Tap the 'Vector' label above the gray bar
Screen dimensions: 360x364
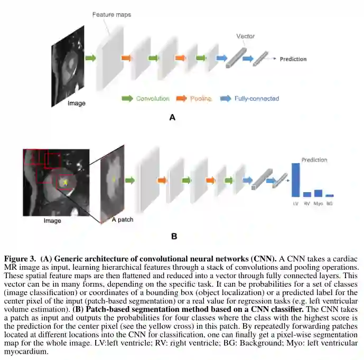[x=245, y=36]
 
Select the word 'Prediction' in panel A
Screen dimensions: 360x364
[x=293, y=59]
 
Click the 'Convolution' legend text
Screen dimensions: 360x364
[x=153, y=99]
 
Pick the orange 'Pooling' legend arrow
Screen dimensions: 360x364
[x=181, y=99]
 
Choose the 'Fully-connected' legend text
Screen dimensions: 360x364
[x=257, y=99]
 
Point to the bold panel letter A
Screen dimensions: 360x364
[x=172, y=118]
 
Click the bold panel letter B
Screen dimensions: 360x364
[x=174, y=236]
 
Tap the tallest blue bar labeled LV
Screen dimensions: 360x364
[x=295, y=180]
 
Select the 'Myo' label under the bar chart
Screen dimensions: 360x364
[x=318, y=203]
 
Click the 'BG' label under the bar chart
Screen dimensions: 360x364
[x=330, y=203]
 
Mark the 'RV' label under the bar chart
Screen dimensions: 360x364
[x=307, y=203]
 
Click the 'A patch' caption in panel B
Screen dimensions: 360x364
[x=123, y=219]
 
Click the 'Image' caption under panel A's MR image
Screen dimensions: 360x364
[x=77, y=103]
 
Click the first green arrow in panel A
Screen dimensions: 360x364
[x=91, y=58]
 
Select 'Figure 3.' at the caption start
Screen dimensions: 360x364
[x=21, y=259]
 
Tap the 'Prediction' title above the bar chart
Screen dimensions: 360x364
[x=314, y=159]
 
